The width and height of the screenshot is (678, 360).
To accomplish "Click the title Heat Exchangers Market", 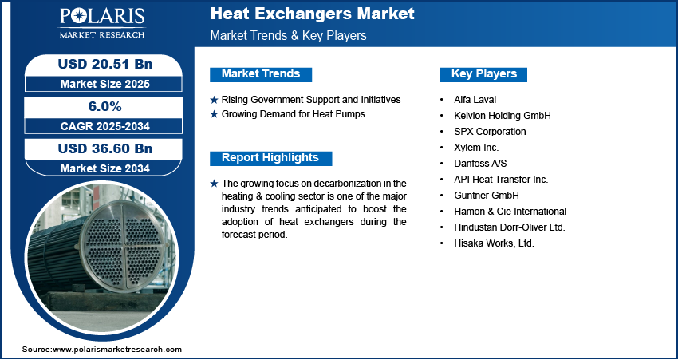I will click(312, 14).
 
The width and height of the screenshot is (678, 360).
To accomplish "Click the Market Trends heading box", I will click(261, 74).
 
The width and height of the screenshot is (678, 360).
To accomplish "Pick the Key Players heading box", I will click(483, 74).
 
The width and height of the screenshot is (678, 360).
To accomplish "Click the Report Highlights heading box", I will click(270, 157).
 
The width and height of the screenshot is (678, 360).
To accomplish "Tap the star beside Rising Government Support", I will click(214, 100).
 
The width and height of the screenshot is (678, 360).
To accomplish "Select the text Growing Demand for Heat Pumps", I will click(294, 114).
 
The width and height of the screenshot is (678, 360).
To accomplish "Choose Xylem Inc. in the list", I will click(477, 148).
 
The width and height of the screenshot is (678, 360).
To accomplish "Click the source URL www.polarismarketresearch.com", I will click(117, 350).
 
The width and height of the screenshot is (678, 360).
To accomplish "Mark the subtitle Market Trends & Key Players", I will click(288, 37).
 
